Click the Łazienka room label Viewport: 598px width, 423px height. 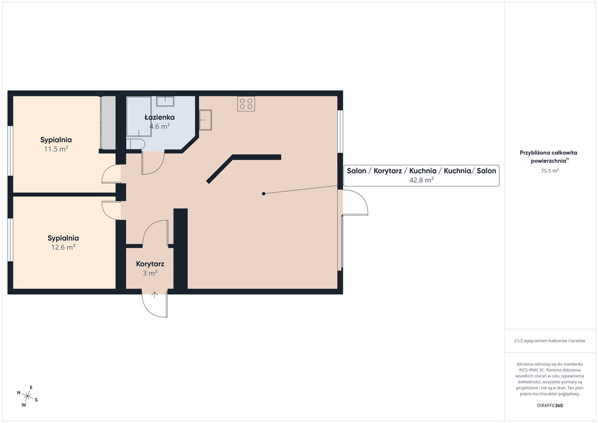159,117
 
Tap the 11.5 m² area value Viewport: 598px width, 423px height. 56,149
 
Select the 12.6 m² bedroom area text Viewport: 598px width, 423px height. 63,247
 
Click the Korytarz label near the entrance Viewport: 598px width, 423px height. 150,264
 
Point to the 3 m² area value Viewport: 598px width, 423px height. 150,273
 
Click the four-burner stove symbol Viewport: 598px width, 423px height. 246,103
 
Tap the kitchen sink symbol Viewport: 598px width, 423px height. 205,120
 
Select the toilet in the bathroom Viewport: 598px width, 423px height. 135,144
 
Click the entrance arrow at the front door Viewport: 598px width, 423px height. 154,295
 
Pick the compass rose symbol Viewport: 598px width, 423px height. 27,396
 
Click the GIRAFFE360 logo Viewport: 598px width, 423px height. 550,405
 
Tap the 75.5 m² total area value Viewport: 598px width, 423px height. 550,171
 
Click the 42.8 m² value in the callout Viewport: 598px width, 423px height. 422,180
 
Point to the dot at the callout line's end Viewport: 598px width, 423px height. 263,194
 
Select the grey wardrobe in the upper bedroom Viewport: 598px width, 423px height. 108,123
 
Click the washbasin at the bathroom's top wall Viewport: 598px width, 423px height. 165,101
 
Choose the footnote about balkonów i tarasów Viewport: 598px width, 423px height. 550,341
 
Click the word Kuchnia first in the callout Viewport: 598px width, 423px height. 423,171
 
